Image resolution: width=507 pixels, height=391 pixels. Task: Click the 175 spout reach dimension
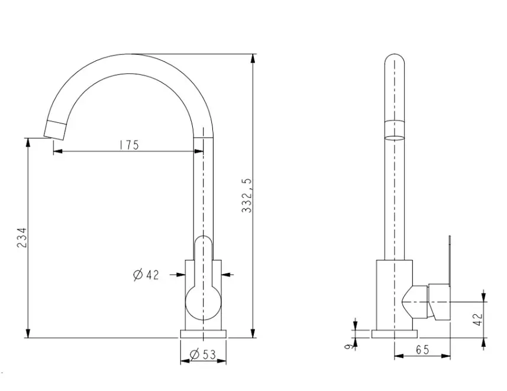(x=129, y=145)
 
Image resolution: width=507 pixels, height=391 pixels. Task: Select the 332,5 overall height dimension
(x=247, y=195)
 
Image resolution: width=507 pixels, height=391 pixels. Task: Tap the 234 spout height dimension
(x=22, y=237)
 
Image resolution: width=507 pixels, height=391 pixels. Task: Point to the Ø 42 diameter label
(x=146, y=275)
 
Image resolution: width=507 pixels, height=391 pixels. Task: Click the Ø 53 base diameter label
(x=203, y=354)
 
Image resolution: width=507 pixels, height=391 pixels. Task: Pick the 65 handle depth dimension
(x=422, y=349)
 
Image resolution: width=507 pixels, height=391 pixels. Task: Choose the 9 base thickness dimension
(x=348, y=347)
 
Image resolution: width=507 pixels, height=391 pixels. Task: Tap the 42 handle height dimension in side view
(x=479, y=320)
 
